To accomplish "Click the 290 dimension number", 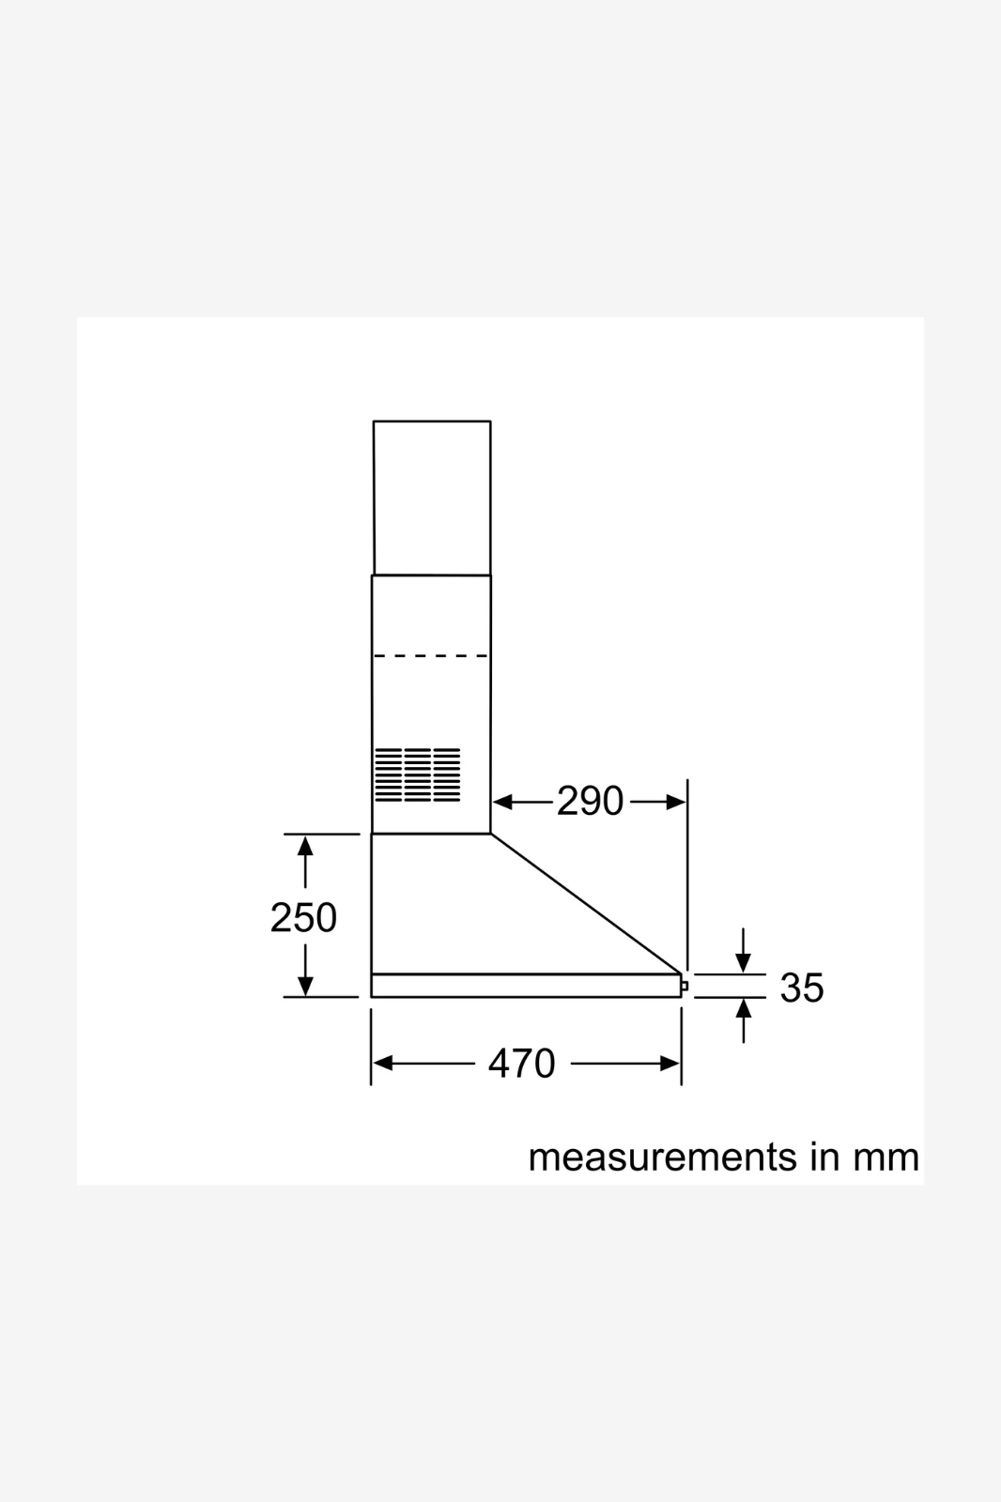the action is click(591, 802).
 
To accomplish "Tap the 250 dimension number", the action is click(303, 917).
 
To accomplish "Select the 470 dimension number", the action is click(521, 1064).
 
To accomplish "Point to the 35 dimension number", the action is click(802, 988).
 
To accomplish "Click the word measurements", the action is click(663, 1158).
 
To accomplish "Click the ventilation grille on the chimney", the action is click(417, 774).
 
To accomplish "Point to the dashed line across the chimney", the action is click(431, 656).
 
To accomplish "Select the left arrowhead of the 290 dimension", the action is click(502, 802).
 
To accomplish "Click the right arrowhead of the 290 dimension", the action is click(675, 802).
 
